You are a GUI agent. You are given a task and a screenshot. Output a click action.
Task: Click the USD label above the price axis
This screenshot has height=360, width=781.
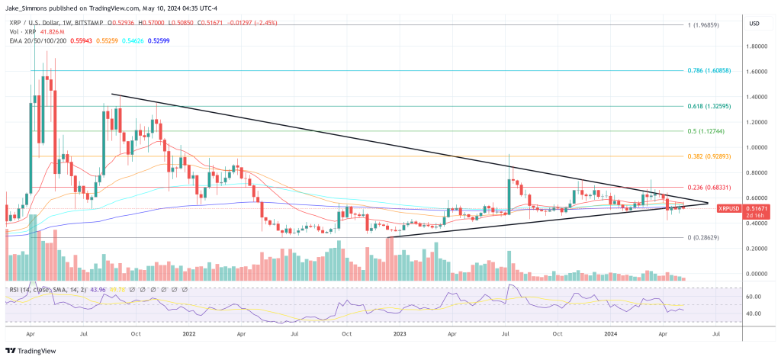coord(754,24)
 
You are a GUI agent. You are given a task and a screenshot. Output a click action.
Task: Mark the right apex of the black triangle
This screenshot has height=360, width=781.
coord(708,204)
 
